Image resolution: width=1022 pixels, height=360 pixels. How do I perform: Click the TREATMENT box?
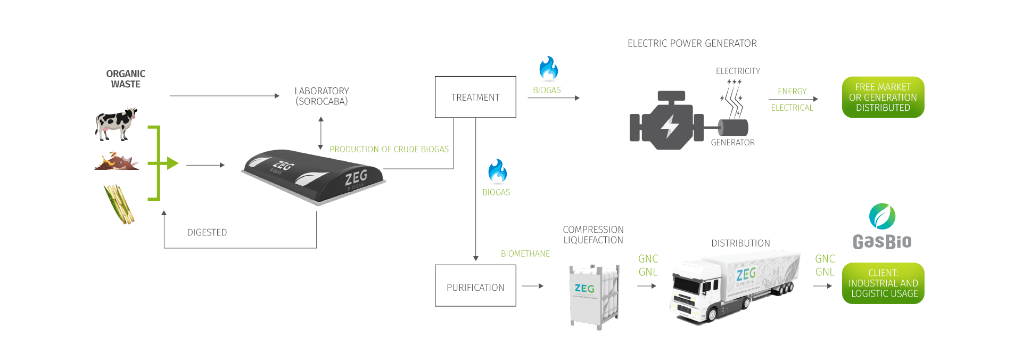pos(475,97)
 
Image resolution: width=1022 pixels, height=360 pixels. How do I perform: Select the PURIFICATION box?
pos(475,287)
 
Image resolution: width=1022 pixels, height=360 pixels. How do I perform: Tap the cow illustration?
pos(117,124)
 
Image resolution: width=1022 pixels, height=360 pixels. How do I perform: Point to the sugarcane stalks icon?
pos(119,203)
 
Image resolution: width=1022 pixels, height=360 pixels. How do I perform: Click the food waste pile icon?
pos(117,161)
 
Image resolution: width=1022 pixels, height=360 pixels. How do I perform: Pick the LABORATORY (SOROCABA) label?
pos(322,96)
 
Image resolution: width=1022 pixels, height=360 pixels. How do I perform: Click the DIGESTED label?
pos(207,232)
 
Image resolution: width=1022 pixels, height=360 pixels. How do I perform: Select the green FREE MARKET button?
pos(883,97)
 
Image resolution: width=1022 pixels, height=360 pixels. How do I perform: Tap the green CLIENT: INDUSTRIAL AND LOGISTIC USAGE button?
pos(883,283)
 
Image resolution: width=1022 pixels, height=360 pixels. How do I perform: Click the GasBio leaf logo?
pos(882,216)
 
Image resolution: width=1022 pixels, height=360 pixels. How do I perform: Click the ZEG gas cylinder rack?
pos(594,296)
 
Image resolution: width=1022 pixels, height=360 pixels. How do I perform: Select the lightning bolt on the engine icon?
pos(670,127)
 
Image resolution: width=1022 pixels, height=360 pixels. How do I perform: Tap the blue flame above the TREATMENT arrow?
pos(548,68)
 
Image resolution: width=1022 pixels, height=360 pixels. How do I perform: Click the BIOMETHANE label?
pos(525,253)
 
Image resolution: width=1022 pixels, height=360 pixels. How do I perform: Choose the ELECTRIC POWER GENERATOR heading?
pos(692,43)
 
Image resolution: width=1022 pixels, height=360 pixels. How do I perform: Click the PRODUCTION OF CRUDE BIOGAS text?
pos(389,149)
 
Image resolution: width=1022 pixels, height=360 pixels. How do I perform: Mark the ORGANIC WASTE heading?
pos(126,79)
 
